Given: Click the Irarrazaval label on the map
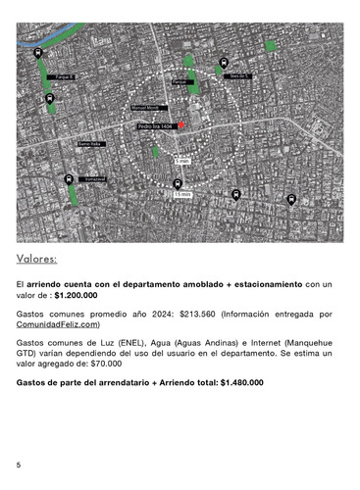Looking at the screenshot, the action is coord(94,178).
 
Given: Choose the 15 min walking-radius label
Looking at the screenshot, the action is coord(181,195).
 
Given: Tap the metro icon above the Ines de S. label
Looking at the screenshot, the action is coord(224,60).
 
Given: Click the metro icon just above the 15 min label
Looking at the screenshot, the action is coord(178,182).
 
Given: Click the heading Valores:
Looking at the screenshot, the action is coord(37,260).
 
